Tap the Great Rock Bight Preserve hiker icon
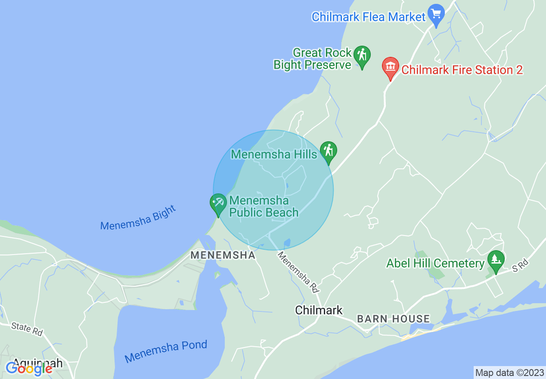tap(362, 56)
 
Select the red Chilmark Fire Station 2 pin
tap(391, 67)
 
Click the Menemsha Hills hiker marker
tap(329, 151)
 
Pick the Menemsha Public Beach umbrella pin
tap(218, 203)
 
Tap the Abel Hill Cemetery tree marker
tap(496, 260)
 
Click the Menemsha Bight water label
tap(138, 218)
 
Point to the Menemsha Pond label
tap(166, 351)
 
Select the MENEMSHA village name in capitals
tap(223, 255)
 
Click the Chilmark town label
tap(319, 310)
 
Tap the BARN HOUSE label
tap(393, 319)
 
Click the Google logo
tap(29, 369)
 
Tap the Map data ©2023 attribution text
tap(509, 372)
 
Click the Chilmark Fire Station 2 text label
tap(462, 70)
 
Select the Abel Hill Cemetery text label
tap(435, 263)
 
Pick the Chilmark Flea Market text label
tap(368, 17)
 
